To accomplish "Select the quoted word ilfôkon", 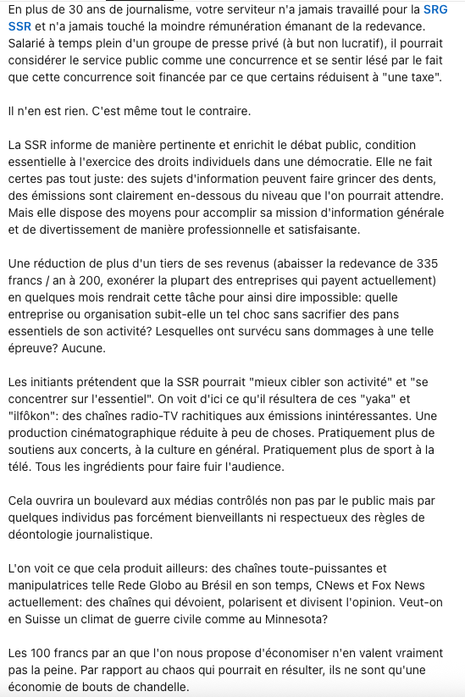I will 33,416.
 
